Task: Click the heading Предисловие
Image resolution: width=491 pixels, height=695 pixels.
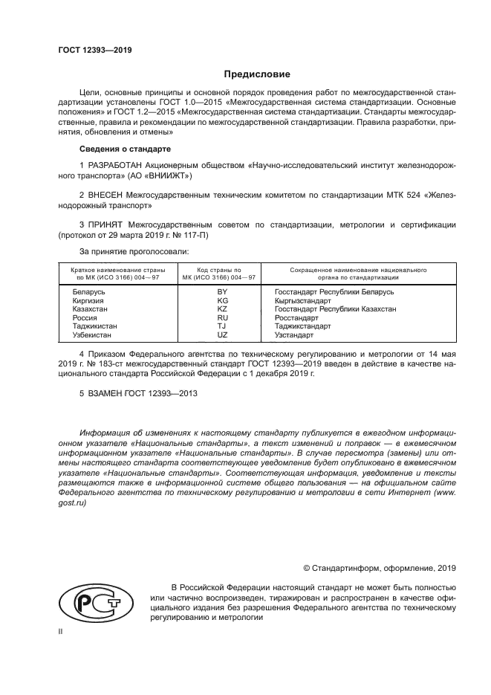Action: click(x=257, y=74)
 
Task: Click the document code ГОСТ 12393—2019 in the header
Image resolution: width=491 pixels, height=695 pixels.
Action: click(x=94, y=50)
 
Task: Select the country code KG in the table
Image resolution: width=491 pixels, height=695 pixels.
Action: click(x=221, y=300)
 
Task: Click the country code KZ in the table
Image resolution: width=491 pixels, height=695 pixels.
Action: click(x=221, y=308)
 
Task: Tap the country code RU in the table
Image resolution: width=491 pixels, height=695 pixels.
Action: click(x=221, y=317)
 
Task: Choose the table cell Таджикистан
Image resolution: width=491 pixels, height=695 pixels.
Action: click(x=94, y=326)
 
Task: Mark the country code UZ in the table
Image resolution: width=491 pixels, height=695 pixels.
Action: click(x=221, y=334)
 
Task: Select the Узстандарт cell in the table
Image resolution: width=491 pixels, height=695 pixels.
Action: click(x=294, y=334)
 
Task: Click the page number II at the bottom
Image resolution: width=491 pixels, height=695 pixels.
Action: click(x=61, y=631)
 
